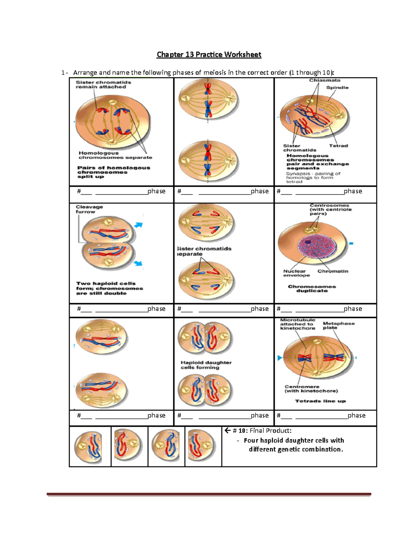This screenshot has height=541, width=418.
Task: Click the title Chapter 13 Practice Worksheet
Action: click(209, 54)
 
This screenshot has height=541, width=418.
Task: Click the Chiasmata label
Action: click(325, 80)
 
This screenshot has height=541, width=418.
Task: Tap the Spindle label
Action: click(337, 87)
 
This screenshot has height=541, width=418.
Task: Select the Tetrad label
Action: click(338, 146)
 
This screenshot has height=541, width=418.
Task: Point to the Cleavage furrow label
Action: click(89, 209)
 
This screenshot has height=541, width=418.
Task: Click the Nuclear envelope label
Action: click(296, 273)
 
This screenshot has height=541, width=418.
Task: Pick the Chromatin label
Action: click(333, 271)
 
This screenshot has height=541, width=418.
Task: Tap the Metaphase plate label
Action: click(338, 325)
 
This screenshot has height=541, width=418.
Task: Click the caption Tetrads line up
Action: click(320, 401)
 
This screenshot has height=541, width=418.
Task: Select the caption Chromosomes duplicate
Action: click(312, 288)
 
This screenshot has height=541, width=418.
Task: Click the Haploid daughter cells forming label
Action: click(206, 365)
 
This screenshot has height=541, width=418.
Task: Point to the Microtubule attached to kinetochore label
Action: click(297, 324)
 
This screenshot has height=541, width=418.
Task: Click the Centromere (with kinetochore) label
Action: click(311, 389)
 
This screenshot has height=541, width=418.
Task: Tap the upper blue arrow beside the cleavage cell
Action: click(139, 225)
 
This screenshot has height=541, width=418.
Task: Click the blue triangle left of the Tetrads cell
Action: click(279, 358)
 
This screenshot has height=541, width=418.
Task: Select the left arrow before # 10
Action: click(227, 431)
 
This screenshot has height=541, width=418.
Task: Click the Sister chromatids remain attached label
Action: click(103, 85)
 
